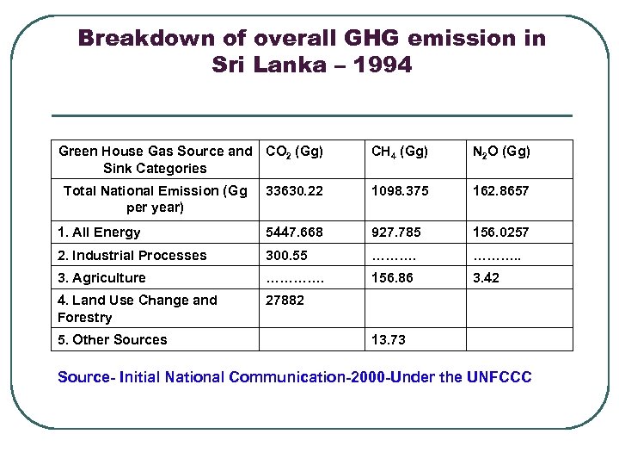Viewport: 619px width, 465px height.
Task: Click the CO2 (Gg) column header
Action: pyautogui.click(x=295, y=152)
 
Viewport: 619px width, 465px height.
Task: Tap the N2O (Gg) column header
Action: pyautogui.click(x=501, y=152)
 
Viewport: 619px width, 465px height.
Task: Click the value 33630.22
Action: pyautogui.click(x=295, y=191)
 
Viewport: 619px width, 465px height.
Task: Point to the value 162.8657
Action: pyautogui.click(x=501, y=191)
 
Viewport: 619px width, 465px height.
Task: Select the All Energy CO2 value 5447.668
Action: pyautogui.click(x=295, y=232)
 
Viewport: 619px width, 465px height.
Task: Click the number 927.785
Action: pyautogui.click(x=394, y=232)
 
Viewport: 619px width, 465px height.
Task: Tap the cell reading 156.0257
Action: pyautogui.click(x=501, y=232)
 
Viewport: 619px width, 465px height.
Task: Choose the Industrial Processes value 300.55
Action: pyautogui.click(x=288, y=256)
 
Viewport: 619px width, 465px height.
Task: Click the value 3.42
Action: pyautogui.click(x=486, y=278)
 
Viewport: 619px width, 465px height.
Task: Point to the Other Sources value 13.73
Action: pyautogui.click(x=388, y=340)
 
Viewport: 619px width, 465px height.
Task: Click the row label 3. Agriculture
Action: pyautogui.click(x=101, y=278)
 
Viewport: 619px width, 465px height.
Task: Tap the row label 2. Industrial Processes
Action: pyautogui.click(x=132, y=256)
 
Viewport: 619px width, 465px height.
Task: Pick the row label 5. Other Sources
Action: pyautogui.click(x=112, y=340)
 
